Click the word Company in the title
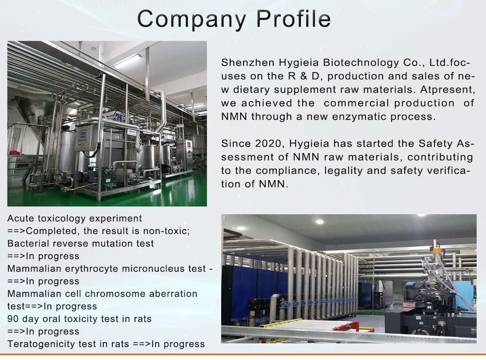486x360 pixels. [x=191, y=20]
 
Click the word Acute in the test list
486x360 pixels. [x=21, y=218]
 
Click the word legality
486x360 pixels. [x=343, y=171]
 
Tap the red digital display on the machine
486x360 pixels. [x=408, y=304]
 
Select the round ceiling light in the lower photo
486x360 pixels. [x=320, y=222]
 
